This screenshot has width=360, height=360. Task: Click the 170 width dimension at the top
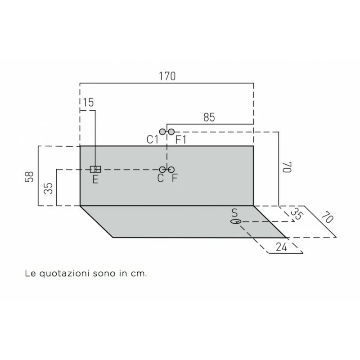point(166,76)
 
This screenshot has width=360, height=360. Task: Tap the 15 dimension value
point(89,103)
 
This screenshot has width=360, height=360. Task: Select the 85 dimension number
point(209,117)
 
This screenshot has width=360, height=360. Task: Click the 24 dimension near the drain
point(281,247)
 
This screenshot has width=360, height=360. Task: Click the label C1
point(153,140)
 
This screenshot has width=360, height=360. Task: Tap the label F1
point(181,140)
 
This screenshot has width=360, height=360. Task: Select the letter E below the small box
point(95,179)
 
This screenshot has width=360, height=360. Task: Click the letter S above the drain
point(234,212)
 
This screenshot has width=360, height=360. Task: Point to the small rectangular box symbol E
point(95,169)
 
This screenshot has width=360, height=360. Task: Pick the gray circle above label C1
point(162,131)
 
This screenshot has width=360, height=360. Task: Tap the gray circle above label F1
point(171,131)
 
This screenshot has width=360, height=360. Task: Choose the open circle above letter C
point(162,169)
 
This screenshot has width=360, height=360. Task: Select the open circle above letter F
point(171,169)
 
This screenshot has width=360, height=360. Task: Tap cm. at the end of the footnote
point(139,273)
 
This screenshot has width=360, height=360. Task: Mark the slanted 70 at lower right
point(327,219)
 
